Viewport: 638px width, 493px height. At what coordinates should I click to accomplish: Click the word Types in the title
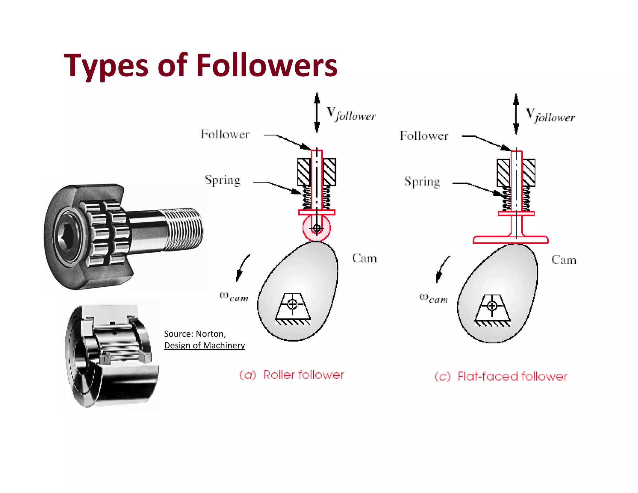(x=106, y=66)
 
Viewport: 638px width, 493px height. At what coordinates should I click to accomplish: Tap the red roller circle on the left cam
(x=317, y=228)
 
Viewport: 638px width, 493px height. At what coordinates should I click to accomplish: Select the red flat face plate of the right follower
(x=511, y=240)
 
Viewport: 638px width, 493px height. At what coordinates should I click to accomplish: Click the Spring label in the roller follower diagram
(x=222, y=180)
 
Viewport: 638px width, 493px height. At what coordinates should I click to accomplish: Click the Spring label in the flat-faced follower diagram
(x=422, y=182)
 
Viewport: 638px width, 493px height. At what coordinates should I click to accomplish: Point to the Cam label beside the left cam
(x=364, y=258)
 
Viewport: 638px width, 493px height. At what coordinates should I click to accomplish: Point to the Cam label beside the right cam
(x=564, y=260)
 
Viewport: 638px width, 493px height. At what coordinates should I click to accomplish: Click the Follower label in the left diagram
(x=225, y=135)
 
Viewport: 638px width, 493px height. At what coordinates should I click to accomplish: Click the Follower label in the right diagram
(x=424, y=136)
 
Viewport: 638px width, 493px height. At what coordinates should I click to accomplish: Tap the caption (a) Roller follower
(x=292, y=375)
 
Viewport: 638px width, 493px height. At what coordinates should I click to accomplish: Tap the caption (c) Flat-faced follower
(x=501, y=376)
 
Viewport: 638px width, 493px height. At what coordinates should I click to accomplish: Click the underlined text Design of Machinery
(x=204, y=345)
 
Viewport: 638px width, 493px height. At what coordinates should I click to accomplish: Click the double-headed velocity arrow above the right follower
(x=516, y=114)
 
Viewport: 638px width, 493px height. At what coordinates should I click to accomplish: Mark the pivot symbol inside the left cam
(x=292, y=304)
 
